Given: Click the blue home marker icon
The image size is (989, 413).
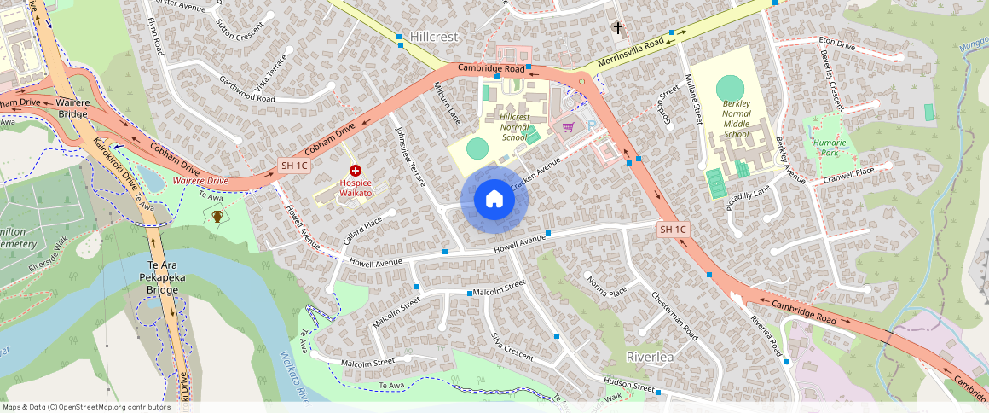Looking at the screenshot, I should [x=494, y=200].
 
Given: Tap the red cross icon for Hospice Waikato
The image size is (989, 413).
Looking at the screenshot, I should [x=356, y=172].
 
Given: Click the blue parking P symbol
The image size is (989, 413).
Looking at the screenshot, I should [x=592, y=125].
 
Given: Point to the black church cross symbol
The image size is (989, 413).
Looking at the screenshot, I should [x=618, y=28].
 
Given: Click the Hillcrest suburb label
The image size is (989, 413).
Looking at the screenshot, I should [x=434, y=37].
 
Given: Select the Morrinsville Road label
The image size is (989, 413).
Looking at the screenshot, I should [x=631, y=53].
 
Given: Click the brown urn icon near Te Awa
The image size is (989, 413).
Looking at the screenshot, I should [x=217, y=217].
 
